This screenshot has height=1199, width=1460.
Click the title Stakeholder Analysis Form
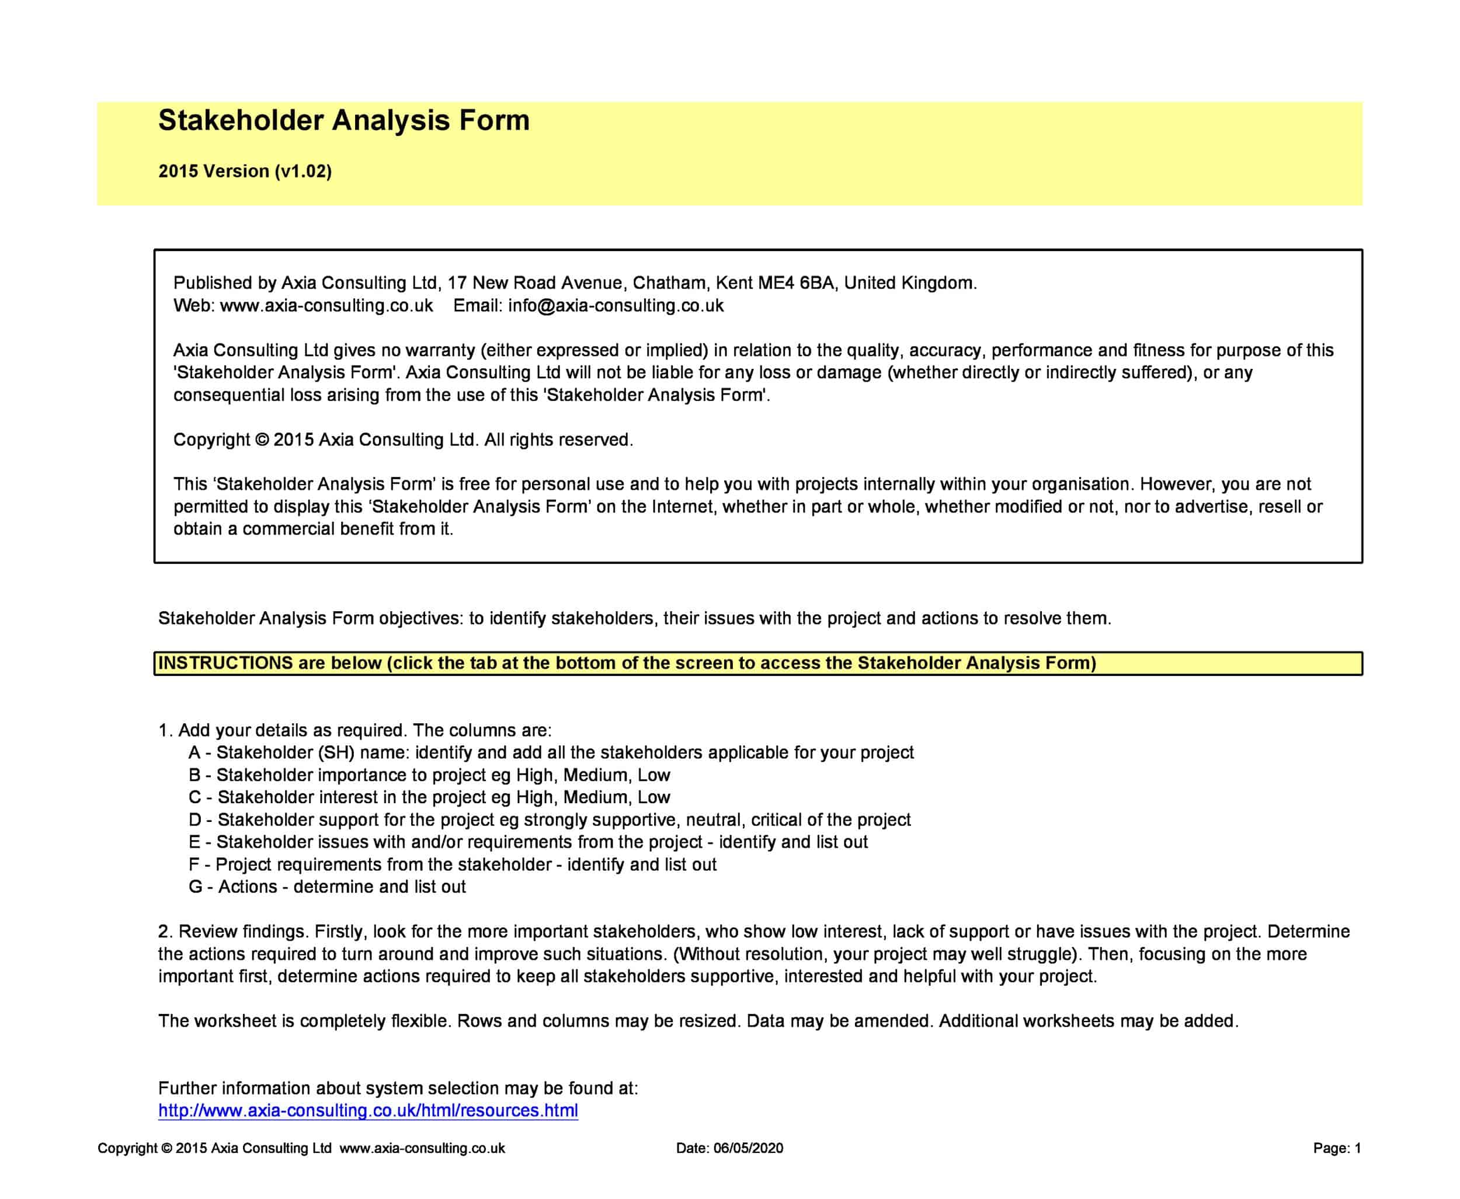(x=343, y=120)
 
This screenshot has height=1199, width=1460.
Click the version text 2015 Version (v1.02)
(x=245, y=171)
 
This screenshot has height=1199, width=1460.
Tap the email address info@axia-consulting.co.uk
(x=616, y=305)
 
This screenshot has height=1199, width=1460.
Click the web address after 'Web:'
(x=326, y=305)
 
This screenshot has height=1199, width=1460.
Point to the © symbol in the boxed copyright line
(x=262, y=440)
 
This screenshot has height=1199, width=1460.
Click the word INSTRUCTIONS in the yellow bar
(x=226, y=663)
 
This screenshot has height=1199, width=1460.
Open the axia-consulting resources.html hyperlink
(x=367, y=1111)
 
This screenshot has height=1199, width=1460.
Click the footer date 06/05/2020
(x=748, y=1148)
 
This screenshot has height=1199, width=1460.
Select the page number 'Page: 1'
(x=1336, y=1148)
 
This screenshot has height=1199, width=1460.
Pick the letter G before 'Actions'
(x=196, y=887)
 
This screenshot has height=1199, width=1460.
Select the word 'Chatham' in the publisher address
(x=669, y=283)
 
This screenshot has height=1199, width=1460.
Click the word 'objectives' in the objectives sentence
(x=420, y=618)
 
